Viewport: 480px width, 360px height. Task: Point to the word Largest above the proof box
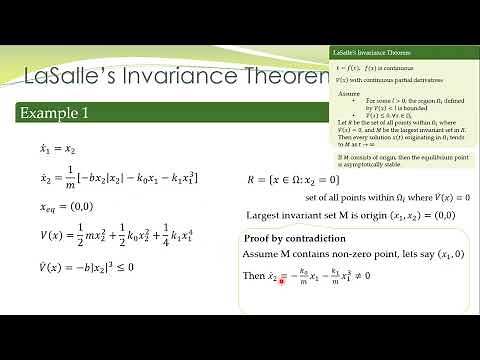click(267, 215)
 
